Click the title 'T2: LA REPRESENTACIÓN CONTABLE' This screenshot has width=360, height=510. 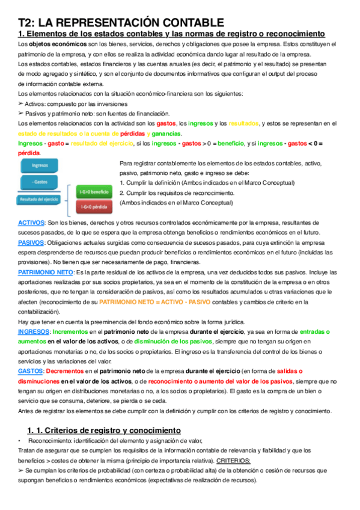[121, 22]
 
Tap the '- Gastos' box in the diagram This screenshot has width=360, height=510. [41, 181]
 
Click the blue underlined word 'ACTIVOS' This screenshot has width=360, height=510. [31, 223]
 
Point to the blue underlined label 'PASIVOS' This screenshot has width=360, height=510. [31, 242]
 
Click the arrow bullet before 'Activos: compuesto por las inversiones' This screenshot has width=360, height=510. [21, 103]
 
